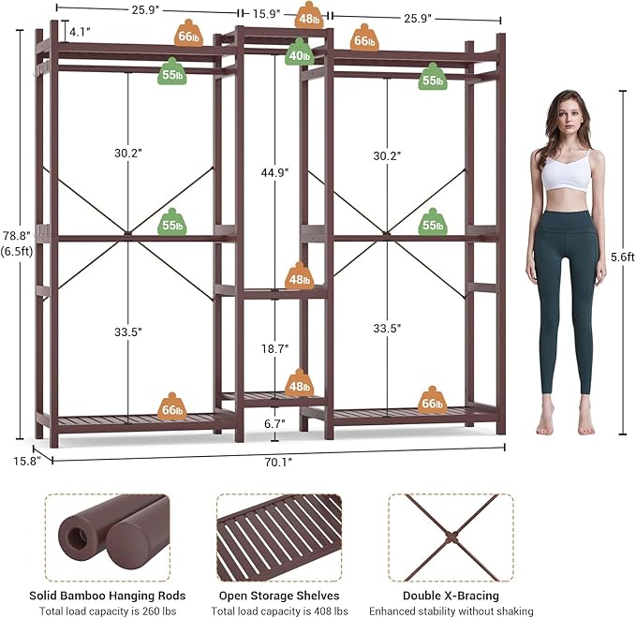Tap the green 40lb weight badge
click(299, 53)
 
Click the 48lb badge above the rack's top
click(309, 16)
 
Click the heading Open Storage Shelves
click(279, 596)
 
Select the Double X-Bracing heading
click(451, 596)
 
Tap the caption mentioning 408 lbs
click(279, 610)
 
